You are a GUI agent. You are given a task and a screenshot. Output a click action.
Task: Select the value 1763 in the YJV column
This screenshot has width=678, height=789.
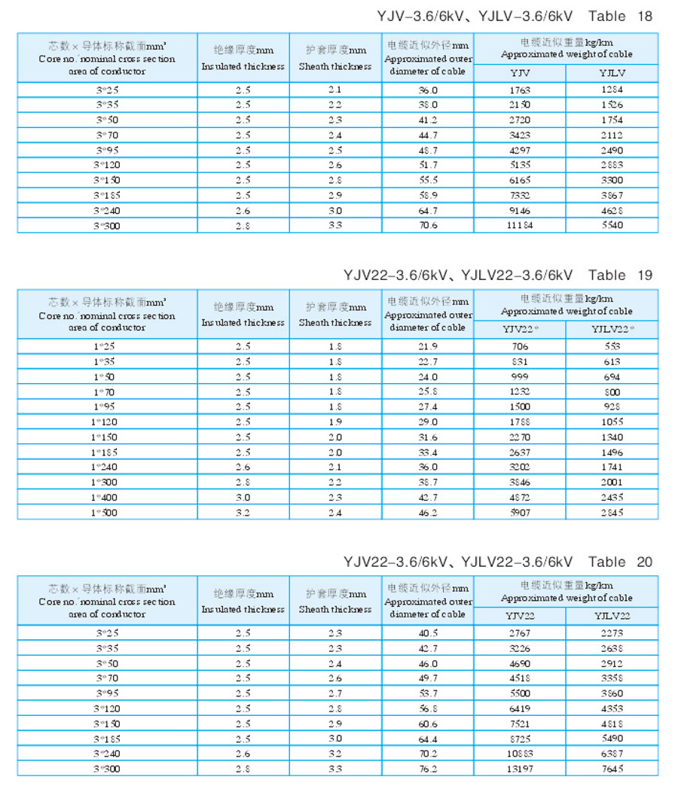[520, 90]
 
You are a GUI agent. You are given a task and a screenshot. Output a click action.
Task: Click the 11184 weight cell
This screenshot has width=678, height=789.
[520, 225]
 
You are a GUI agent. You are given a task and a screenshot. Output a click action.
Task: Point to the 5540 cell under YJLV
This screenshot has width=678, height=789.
[612, 225]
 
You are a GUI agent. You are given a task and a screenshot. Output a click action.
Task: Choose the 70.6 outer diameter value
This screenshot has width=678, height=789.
[428, 225]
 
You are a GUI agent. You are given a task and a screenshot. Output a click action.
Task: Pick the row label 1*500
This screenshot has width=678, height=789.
[105, 513]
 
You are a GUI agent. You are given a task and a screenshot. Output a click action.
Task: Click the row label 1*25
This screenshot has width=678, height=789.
[105, 346]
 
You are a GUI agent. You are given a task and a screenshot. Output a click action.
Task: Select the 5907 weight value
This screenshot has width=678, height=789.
[520, 513]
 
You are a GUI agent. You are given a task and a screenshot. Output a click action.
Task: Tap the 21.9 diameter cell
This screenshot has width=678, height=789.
[428, 346]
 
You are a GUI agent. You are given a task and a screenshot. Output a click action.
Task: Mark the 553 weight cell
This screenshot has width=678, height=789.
[612, 346]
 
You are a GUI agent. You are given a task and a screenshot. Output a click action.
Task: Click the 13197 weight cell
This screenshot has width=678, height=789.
[520, 769]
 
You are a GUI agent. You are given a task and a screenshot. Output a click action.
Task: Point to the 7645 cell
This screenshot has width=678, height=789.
[612, 769]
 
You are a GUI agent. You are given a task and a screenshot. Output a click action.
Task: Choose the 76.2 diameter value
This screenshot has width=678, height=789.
[428, 769]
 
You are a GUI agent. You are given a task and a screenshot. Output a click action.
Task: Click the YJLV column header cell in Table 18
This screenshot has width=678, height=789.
[612, 72]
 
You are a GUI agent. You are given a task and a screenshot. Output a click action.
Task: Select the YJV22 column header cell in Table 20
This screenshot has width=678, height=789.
[520, 616]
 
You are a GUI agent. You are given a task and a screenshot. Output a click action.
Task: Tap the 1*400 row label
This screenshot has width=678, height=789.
[105, 498]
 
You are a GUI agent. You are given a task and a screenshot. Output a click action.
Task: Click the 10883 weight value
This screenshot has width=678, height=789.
[520, 754]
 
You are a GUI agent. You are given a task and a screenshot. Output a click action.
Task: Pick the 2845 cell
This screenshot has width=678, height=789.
[612, 513]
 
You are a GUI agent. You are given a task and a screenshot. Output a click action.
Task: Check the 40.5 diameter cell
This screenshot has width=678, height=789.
[428, 633]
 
